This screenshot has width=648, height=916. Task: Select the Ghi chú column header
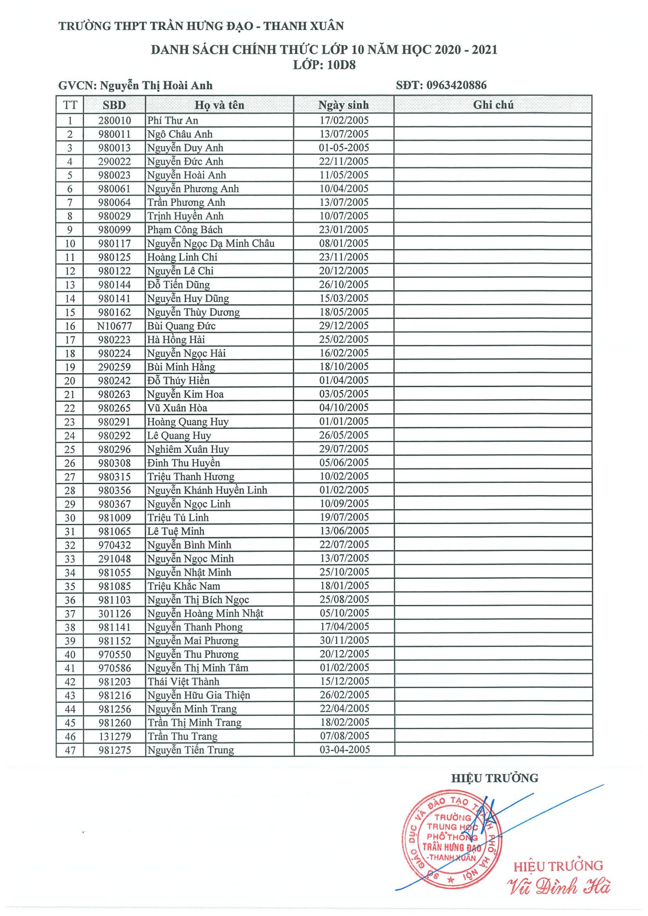click(493, 105)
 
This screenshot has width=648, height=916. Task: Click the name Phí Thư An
click(173, 121)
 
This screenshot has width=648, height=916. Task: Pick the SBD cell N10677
click(114, 326)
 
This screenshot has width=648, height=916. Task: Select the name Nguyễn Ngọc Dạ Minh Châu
click(210, 243)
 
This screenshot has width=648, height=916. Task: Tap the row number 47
click(70, 750)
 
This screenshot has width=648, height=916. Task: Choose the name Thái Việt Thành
click(183, 681)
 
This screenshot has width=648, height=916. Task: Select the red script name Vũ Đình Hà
click(558, 887)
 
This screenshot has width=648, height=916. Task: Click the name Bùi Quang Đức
click(181, 326)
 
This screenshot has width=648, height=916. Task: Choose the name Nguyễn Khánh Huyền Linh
click(207, 490)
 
